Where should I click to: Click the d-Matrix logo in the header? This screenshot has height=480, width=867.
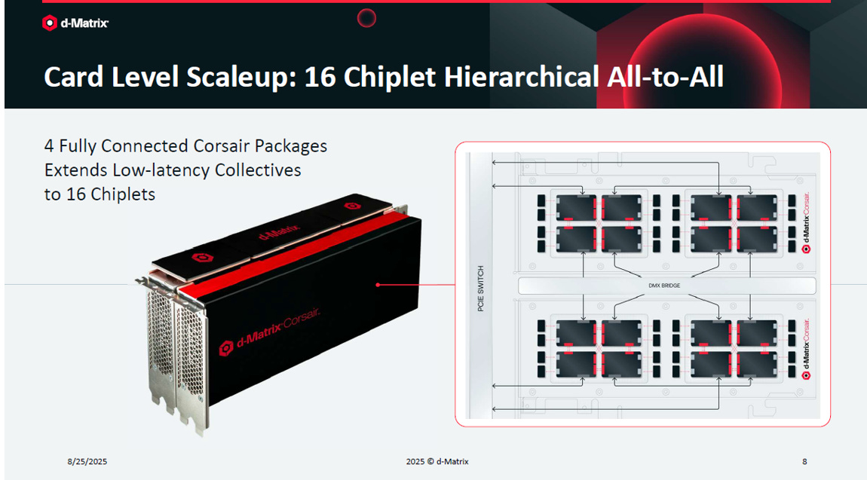coord(75,23)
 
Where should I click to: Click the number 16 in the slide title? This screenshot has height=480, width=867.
coord(320,77)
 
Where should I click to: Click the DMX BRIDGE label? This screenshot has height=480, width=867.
coord(664,286)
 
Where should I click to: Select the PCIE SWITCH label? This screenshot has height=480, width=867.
coord(480,289)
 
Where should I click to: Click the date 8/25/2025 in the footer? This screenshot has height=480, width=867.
coord(87,461)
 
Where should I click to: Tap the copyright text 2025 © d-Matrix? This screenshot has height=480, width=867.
coord(437,461)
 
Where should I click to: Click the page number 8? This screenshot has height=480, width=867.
coord(804,461)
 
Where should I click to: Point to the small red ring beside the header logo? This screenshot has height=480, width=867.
coord(366,18)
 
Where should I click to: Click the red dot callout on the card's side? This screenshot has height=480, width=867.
coord(378,285)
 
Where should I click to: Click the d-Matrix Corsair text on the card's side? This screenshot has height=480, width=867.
coord(278,329)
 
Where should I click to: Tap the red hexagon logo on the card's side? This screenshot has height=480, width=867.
coord(226,349)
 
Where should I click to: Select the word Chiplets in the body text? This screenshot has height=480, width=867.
coord(123,194)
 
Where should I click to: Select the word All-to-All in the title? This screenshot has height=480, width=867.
coord(665,77)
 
